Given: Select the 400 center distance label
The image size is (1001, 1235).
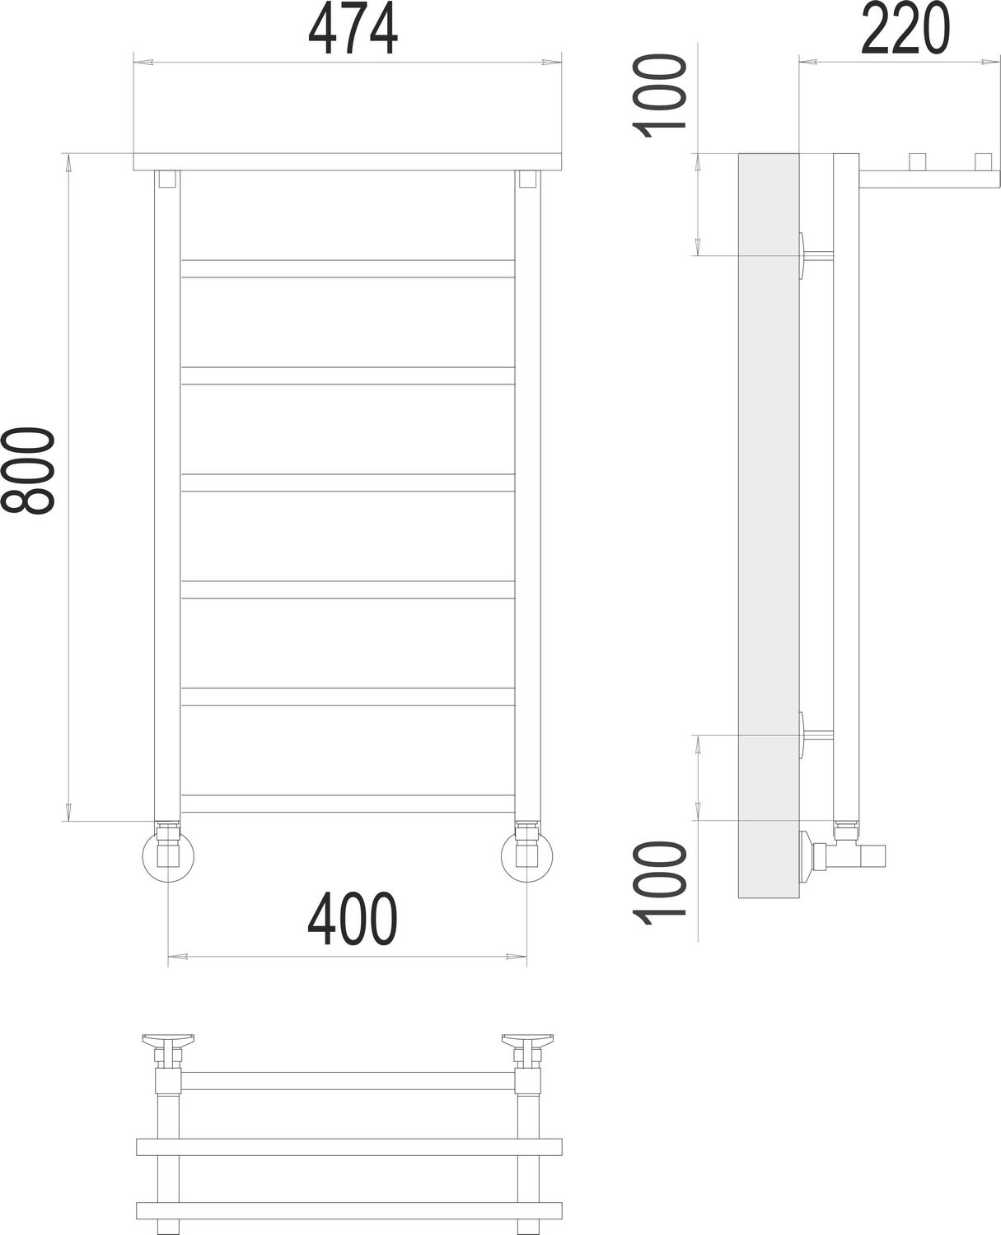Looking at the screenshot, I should click(352, 920).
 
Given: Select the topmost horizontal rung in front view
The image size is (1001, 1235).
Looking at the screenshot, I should click(348, 268).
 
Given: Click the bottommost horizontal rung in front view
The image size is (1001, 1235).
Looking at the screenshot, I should click(348, 804).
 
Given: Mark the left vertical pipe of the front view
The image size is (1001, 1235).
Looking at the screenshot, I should click(167, 494).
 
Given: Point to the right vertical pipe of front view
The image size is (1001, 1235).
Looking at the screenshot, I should click(527, 494).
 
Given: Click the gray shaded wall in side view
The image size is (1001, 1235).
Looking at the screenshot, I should click(768, 527).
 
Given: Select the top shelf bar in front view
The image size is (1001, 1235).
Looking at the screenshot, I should click(348, 162).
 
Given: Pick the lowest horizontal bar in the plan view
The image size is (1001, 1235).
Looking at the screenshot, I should click(348, 1210).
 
